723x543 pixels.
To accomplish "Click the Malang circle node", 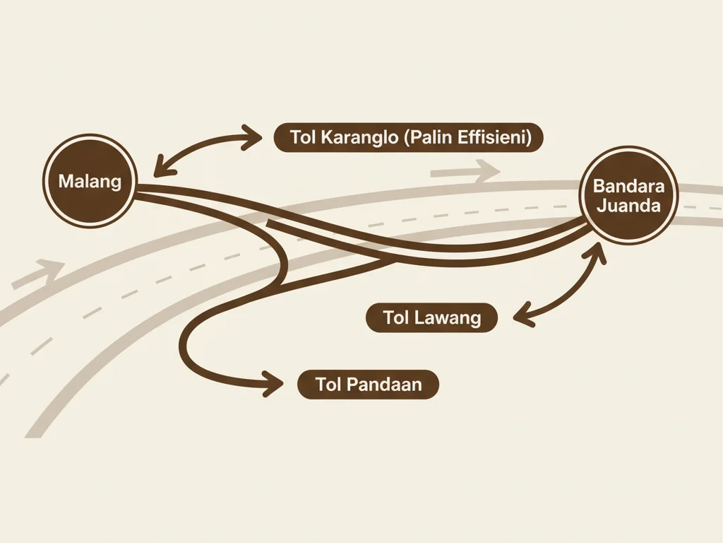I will tap(90, 181).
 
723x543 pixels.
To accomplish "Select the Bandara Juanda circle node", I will tap(627, 197).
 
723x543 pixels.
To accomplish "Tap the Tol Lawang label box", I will tap(431, 318).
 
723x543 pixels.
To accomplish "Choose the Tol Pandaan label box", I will tap(368, 385).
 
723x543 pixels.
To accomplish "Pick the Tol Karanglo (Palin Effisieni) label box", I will tap(408, 137).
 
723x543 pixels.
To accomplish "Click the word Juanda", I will tap(627, 206).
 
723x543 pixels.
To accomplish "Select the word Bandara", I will tap(627, 187).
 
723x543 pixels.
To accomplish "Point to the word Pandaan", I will tap(388, 385).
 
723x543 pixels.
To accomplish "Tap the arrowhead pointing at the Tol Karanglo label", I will tap(251, 137).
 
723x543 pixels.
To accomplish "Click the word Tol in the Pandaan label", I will tap(329, 385).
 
